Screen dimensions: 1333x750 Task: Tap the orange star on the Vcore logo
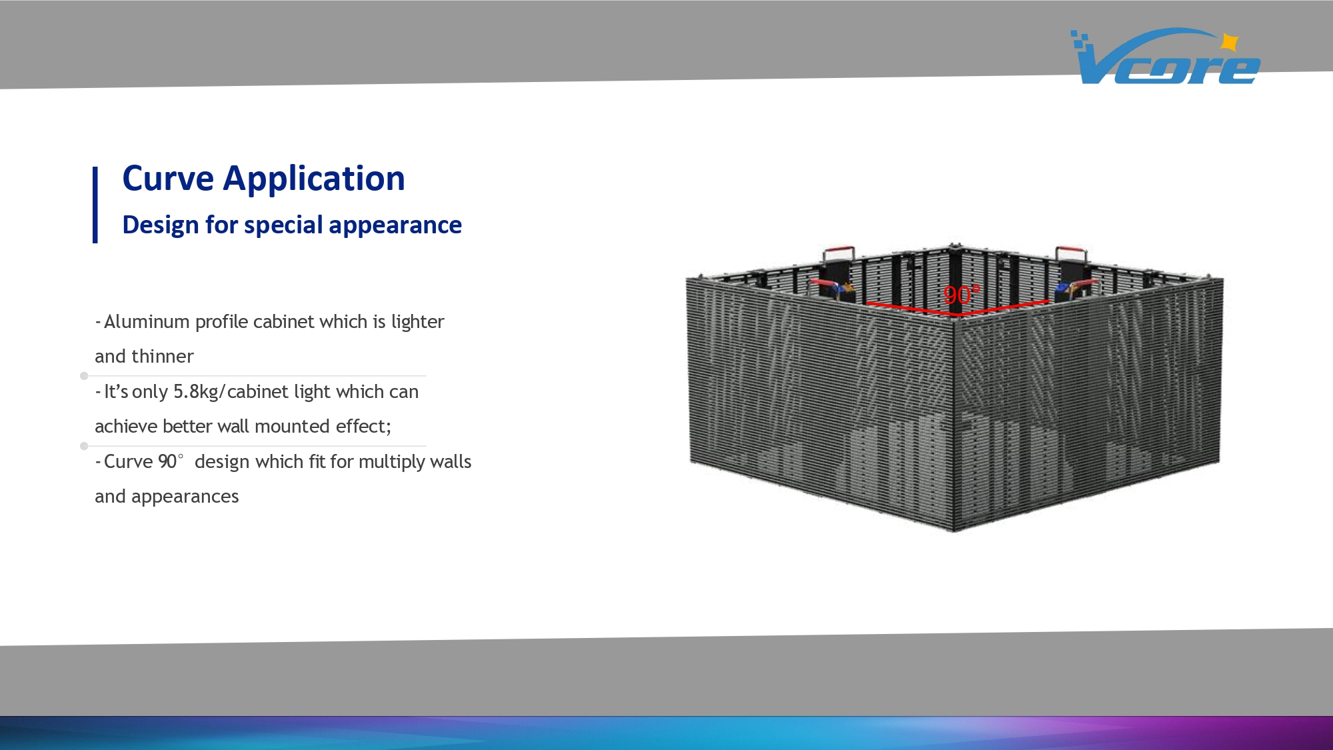[1230, 43]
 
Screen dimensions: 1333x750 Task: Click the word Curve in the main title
[168, 179]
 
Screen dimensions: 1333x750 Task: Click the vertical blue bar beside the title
[95, 205]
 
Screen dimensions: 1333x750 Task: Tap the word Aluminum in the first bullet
[147, 322]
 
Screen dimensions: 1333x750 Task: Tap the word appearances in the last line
[185, 497]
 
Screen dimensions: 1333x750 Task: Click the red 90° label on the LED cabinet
[961, 295]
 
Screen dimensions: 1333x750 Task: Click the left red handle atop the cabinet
[839, 254]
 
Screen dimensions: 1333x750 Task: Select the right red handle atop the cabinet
[1071, 254]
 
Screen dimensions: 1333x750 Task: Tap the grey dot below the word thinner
[84, 376]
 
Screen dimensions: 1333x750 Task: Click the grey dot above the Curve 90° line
[84, 446]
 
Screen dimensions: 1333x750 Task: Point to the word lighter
[418, 323]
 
